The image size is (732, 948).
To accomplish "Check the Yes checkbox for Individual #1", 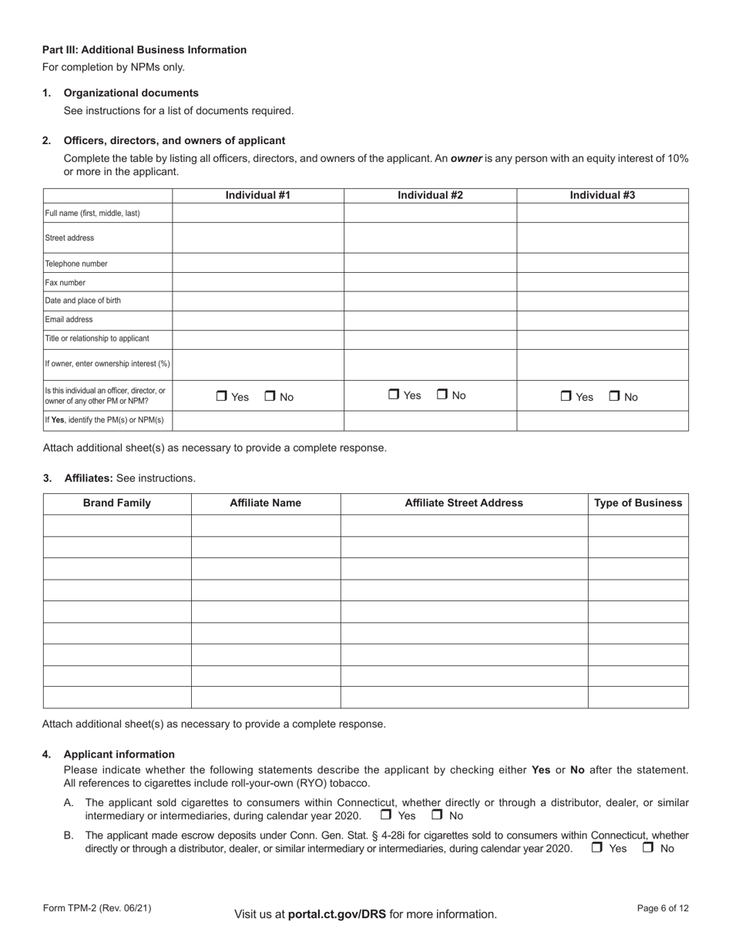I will click(222, 397).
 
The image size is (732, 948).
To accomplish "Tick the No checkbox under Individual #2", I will click(443, 395).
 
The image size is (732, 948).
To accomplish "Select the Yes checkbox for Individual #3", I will click(566, 397).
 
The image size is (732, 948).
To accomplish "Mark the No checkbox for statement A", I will click(437, 815).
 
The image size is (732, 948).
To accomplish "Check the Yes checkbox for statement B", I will click(597, 848).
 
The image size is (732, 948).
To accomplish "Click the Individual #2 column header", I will click(430, 196).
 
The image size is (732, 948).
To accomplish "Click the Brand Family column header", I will click(117, 503).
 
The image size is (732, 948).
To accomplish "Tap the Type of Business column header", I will click(638, 503).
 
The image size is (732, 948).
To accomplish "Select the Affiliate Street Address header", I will click(464, 503).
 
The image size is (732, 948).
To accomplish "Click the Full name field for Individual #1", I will click(258, 213).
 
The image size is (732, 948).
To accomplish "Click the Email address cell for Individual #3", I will click(603, 320).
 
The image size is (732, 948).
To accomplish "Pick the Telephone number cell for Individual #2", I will click(430, 263).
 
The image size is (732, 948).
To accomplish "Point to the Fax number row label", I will click(65, 282).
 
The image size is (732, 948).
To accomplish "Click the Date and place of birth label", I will click(83, 301).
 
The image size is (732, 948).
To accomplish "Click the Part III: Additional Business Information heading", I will click(145, 50).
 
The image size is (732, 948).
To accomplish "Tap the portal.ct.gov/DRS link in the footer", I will click(337, 914).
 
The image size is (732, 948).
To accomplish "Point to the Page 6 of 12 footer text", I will click(663, 909).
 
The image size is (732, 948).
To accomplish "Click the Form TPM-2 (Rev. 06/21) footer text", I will click(97, 909).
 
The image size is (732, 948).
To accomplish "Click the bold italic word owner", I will click(466, 158).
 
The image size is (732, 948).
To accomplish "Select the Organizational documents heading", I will click(131, 93).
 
